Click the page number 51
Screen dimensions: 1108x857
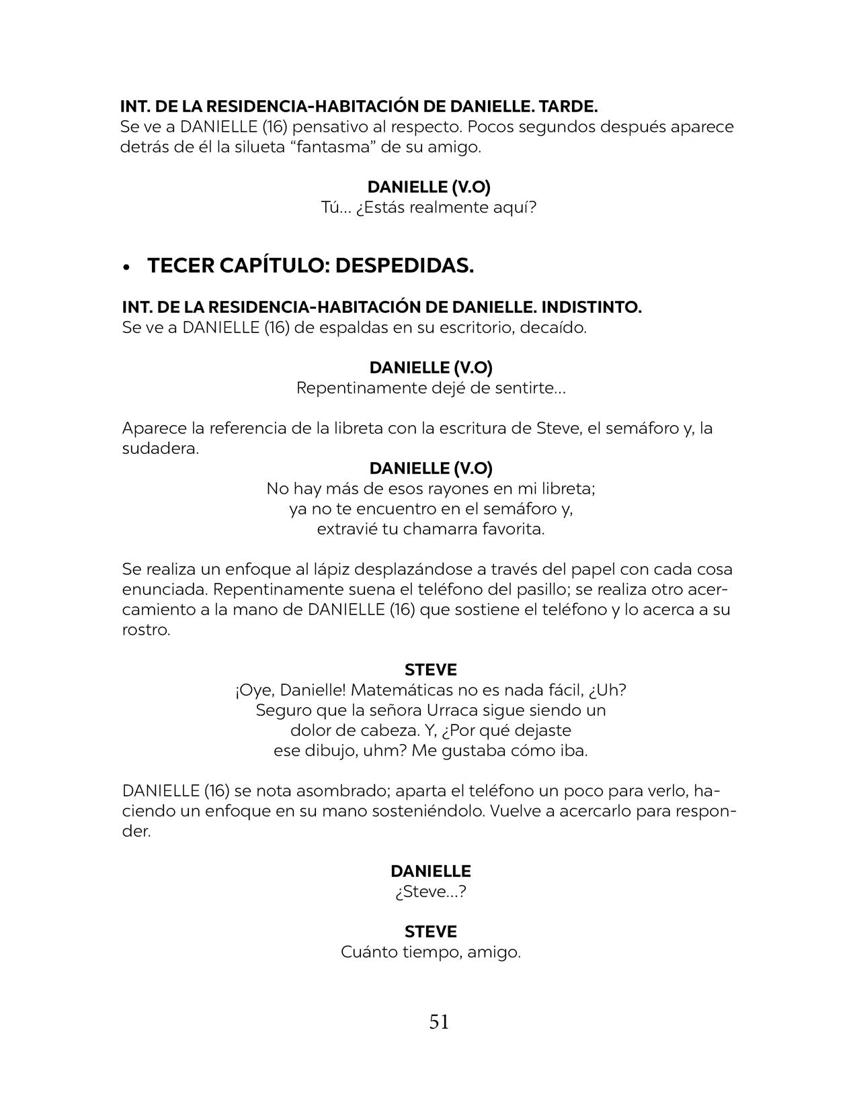439,1022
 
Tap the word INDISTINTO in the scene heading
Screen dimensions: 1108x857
591,308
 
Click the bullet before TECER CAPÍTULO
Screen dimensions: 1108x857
126,267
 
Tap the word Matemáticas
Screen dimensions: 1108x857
402,690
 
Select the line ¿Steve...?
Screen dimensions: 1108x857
431,892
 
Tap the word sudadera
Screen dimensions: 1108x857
159,449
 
